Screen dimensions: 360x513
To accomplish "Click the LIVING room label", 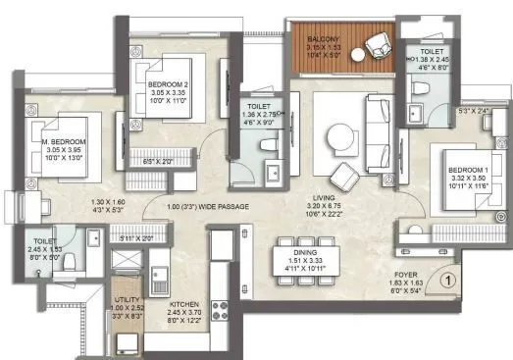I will tap(315, 197).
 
